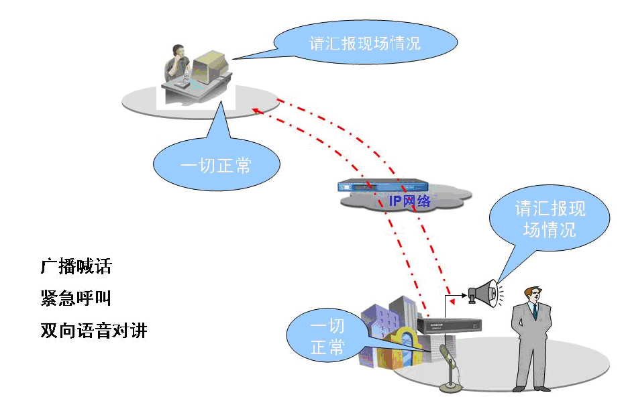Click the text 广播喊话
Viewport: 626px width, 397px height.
tap(76, 267)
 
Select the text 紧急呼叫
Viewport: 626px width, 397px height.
tap(76, 298)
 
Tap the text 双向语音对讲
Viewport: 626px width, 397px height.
tap(93, 330)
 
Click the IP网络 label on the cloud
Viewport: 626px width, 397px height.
tap(410, 201)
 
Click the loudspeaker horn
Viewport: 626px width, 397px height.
tap(484, 292)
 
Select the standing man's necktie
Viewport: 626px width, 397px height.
tap(535, 311)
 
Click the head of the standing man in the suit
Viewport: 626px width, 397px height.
tap(533, 293)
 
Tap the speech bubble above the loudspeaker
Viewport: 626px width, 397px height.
tap(550, 219)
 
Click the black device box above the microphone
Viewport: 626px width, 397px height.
tap(450, 325)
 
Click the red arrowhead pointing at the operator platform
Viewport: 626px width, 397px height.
tap(255, 110)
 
